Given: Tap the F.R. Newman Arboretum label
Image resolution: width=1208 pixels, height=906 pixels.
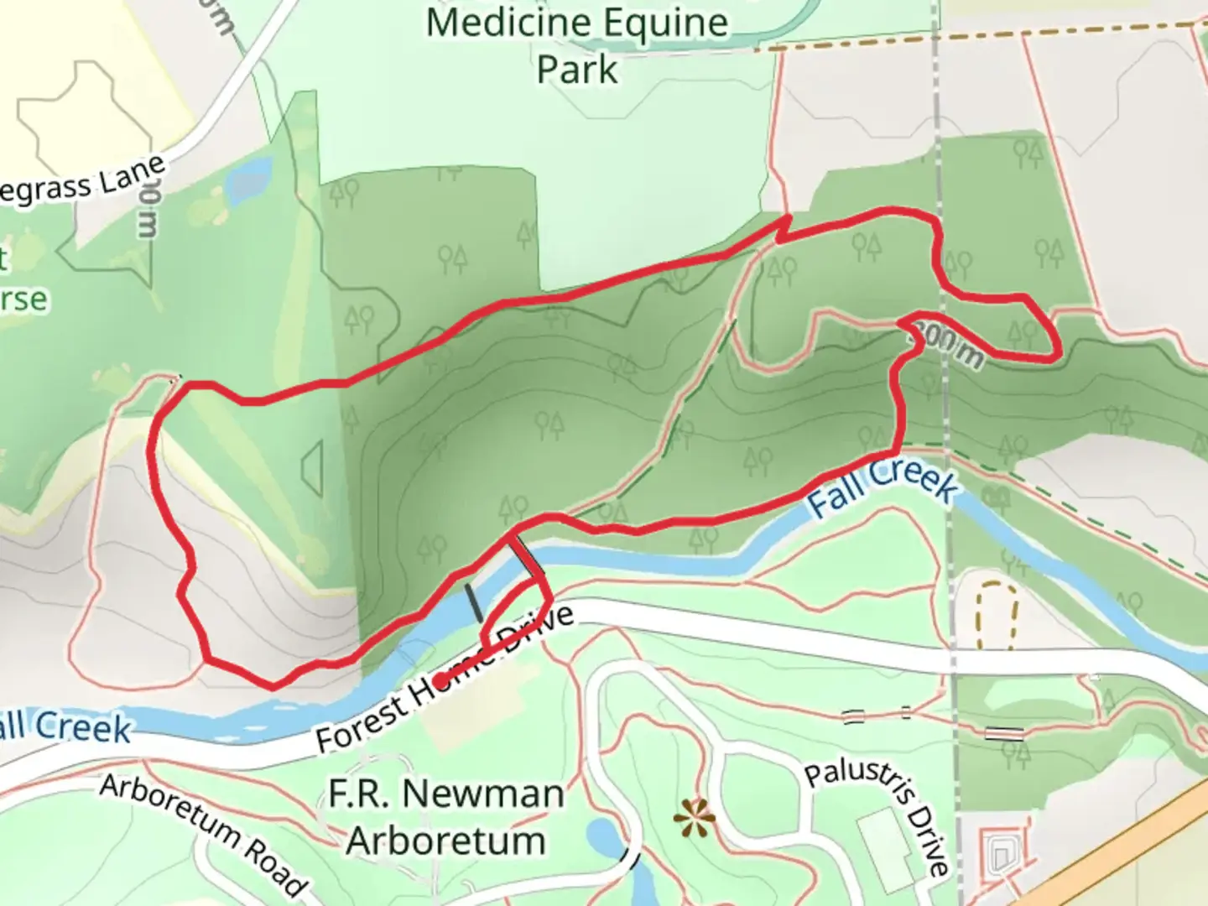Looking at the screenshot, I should (x=445, y=816).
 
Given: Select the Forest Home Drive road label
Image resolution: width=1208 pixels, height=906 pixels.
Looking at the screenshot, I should (x=445, y=678).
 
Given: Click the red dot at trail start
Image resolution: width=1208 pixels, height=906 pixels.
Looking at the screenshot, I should (x=440, y=679).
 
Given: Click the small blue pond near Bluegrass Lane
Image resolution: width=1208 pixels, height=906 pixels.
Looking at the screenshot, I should (x=248, y=181).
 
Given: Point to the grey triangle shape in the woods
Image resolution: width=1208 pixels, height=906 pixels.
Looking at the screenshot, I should (x=313, y=466).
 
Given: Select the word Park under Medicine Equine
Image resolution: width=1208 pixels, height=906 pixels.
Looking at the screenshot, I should (x=577, y=70).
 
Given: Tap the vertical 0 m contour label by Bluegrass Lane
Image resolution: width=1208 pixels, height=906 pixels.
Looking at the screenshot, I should (x=148, y=212).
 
